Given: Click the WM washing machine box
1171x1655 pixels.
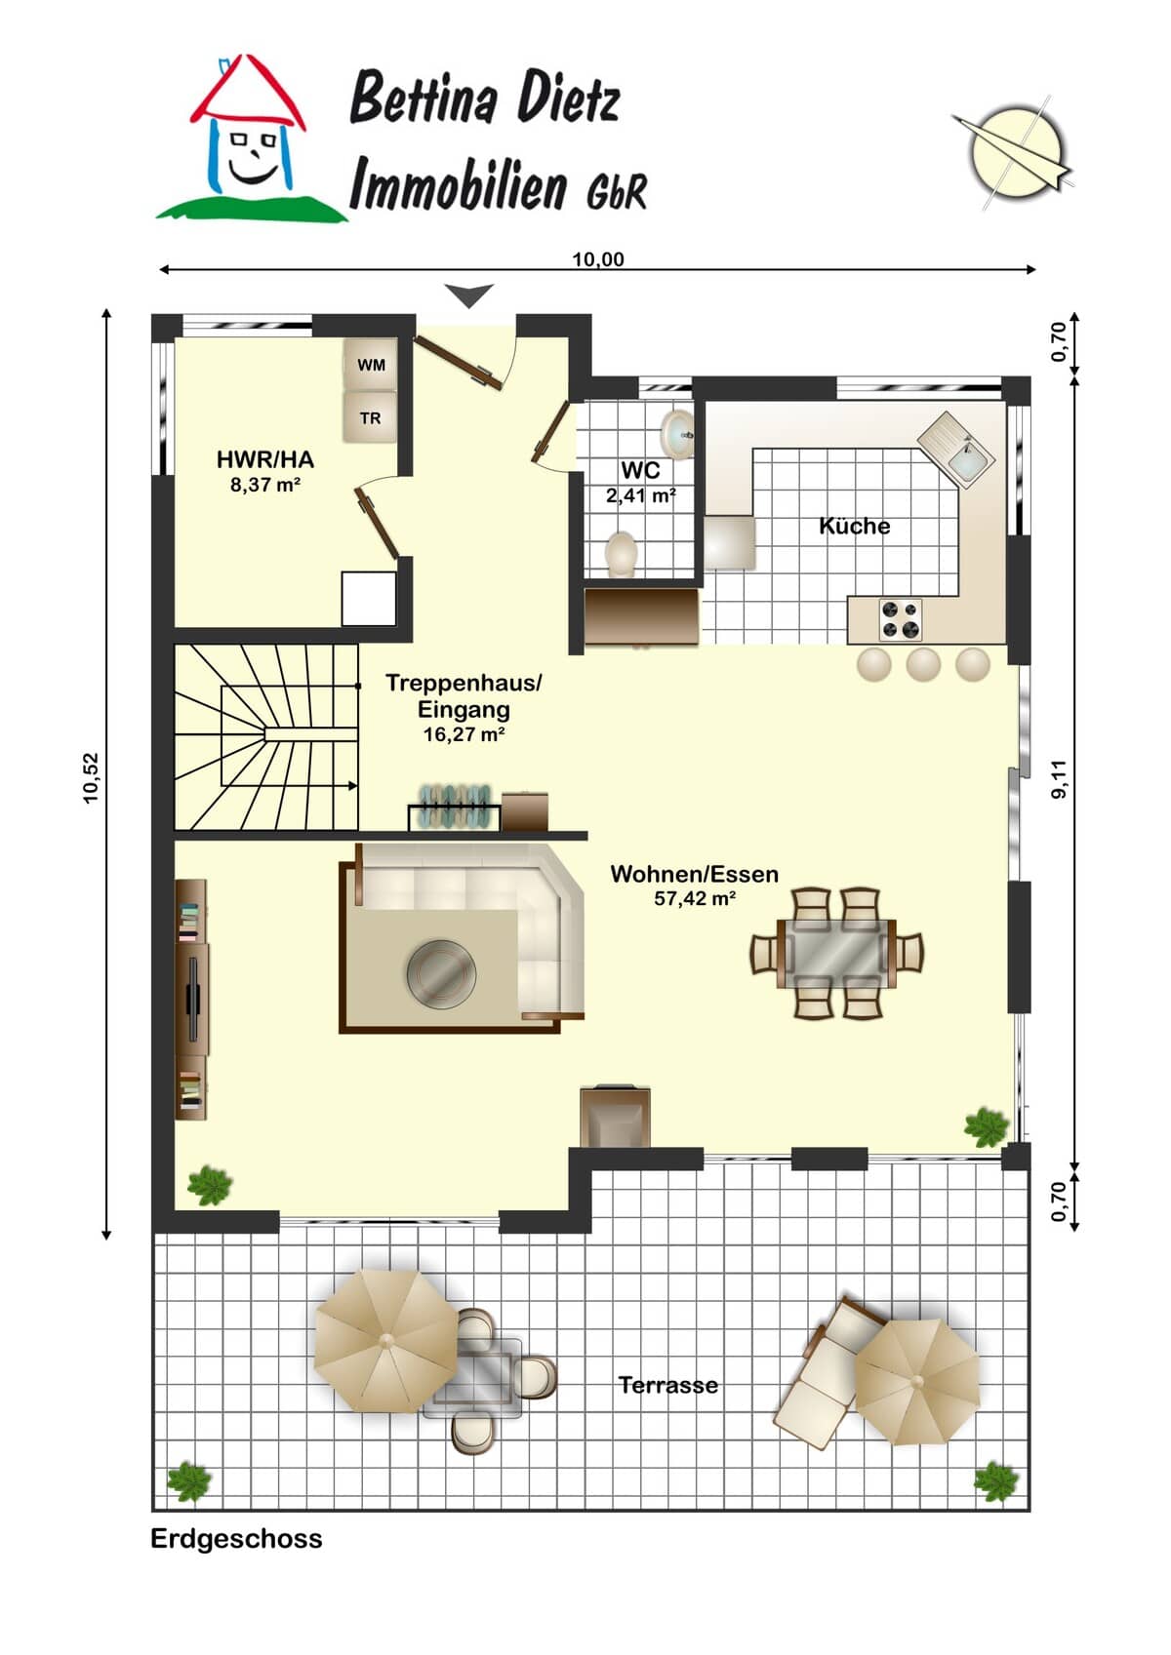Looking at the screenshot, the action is (371, 365).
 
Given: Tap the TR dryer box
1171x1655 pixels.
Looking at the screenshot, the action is (371, 418).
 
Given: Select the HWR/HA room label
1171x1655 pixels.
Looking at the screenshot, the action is (264, 459).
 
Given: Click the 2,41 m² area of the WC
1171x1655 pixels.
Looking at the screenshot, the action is (641, 495).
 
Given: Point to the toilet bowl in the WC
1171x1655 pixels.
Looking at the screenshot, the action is (622, 553).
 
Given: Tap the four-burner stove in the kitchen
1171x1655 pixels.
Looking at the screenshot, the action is (901, 619).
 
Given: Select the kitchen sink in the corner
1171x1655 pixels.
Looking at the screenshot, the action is (956, 450).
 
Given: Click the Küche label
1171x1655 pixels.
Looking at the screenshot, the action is (855, 526).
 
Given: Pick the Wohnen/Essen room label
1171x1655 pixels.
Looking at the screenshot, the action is (694, 874).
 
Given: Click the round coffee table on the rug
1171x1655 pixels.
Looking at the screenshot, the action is (441, 972).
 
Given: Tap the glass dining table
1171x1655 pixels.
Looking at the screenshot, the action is (837, 953).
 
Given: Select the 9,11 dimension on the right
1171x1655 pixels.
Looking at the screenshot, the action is (1059, 778).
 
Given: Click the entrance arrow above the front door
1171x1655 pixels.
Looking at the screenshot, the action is (469, 296).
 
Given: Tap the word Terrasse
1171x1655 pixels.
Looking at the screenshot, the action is (668, 1385).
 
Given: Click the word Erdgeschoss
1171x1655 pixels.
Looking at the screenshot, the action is (236, 1539).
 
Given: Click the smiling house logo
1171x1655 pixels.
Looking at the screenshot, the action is (250, 138).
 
